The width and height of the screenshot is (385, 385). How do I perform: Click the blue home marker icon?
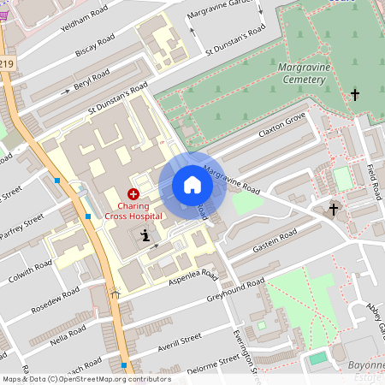tap(192, 185)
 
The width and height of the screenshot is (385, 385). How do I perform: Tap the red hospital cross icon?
tap(133, 195)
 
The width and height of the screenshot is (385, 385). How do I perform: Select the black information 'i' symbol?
tap(145, 235)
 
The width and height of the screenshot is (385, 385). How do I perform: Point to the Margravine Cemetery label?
tap(302, 73)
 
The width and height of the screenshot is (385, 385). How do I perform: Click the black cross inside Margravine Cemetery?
tap(355, 94)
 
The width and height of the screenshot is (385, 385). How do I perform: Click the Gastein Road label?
tap(275, 241)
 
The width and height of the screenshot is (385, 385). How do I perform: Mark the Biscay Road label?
tap(94, 45)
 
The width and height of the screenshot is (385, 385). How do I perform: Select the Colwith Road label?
tap(31, 269)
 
